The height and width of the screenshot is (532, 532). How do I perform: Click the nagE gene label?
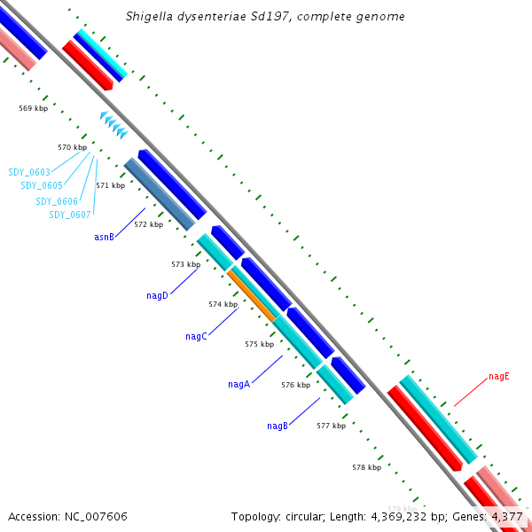pos(499,376)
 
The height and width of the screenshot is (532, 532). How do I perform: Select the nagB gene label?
pos(278,426)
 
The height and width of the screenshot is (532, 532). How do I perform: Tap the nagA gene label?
pos(239,385)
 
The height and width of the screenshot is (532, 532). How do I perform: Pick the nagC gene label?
pos(196,337)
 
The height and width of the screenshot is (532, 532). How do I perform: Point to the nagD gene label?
pos(157,296)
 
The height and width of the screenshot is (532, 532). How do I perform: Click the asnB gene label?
pos(104,238)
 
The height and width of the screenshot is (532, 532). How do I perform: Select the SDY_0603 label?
pos(29,172)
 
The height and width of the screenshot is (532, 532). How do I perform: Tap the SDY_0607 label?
pos(69,215)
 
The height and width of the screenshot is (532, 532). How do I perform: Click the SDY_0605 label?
pos(42,185)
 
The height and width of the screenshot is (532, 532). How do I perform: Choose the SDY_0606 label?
pos(57,201)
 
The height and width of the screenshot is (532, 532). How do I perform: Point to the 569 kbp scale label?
pos(33,108)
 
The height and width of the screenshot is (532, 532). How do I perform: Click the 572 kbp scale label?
pos(149,225)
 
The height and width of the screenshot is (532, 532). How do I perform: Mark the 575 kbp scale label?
pos(259,344)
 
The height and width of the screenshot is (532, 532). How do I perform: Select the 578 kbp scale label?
pos(366,467)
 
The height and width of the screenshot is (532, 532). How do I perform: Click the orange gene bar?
pos(252,295)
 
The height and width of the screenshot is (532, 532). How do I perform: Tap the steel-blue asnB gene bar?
pos(160,194)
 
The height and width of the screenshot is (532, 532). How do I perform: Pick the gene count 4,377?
pos(507,516)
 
